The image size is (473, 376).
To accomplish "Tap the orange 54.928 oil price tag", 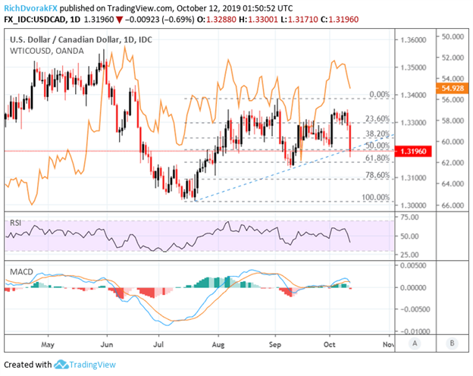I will (x=453, y=89).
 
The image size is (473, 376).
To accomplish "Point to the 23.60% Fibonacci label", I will (x=376, y=119).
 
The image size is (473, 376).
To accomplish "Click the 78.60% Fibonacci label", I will (x=376, y=175).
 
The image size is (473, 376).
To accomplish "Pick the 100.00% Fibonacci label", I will (x=374, y=198).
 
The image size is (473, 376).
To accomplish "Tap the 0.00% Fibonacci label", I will (x=379, y=94).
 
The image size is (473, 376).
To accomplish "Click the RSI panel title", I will (x=16, y=222).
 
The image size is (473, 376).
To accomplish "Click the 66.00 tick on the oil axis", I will (x=453, y=205).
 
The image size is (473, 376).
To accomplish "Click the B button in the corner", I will (x=453, y=343).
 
